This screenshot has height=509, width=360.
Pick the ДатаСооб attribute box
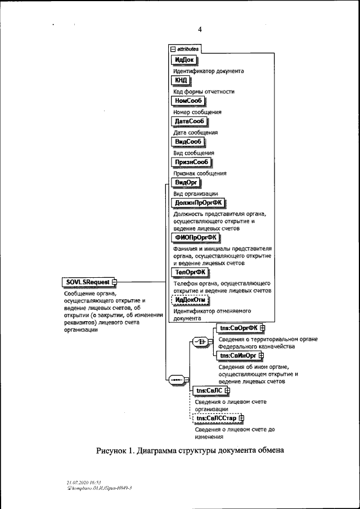pyautogui.click(x=189, y=121)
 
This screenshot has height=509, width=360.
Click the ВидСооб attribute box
pyautogui.click(x=188, y=142)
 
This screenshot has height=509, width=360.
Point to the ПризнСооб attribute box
pyautogui.click(x=192, y=162)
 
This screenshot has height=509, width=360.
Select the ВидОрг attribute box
pyautogui.click(x=186, y=183)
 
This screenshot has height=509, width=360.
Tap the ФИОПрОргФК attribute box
pyautogui.click(x=197, y=237)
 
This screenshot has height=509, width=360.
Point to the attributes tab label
pyautogui.click(x=183, y=49)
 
